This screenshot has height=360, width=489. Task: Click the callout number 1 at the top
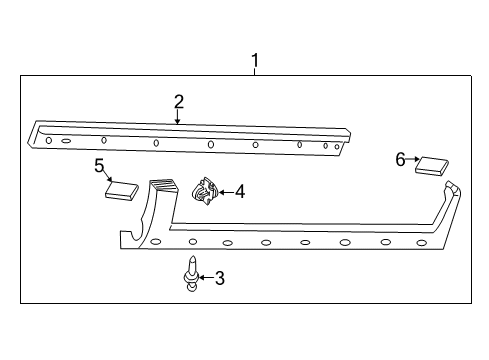click(x=255, y=62)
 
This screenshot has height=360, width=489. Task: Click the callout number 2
click(x=178, y=101)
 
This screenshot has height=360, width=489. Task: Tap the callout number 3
click(x=219, y=278)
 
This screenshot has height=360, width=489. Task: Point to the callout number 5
click(x=99, y=165)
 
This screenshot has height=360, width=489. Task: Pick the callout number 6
click(x=400, y=158)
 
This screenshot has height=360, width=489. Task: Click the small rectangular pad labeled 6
click(x=432, y=164)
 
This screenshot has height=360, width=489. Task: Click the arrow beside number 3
click(x=205, y=278)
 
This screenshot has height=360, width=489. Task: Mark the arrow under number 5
click(x=107, y=177)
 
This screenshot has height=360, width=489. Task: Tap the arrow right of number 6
click(x=413, y=160)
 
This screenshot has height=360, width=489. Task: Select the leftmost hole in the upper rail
click(x=49, y=141)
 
